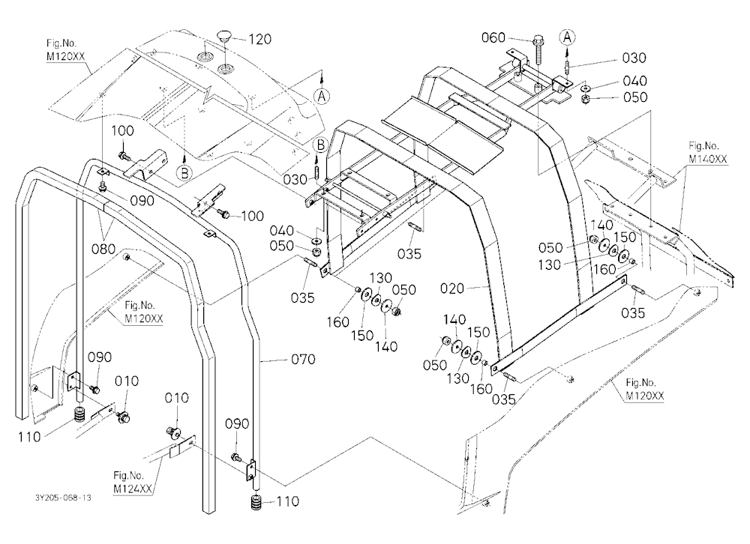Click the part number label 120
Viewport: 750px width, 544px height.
pos(260,39)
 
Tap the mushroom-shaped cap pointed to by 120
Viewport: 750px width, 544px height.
pos(223,35)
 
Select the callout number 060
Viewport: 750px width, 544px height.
pos(493,37)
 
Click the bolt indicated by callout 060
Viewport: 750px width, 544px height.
pos(538,49)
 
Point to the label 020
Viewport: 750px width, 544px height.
pos(452,288)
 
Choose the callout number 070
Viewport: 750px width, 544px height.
pos(303,358)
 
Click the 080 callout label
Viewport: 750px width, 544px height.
pos(103,249)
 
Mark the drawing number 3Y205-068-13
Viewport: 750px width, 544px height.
pos(63,498)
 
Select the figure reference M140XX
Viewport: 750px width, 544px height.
pos(708,158)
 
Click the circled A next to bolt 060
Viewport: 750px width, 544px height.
pos(567,37)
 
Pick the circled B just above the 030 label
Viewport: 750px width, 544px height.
pos(320,145)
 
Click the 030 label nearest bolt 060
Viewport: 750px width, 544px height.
pos(634,58)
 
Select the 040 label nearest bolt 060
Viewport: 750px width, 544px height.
pos(634,81)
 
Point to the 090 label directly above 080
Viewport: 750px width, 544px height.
pos(142,200)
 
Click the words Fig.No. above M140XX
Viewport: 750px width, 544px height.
pos(703,146)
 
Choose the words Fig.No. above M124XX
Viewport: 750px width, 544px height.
pos(128,476)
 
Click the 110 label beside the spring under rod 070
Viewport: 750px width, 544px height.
pos(287,501)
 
